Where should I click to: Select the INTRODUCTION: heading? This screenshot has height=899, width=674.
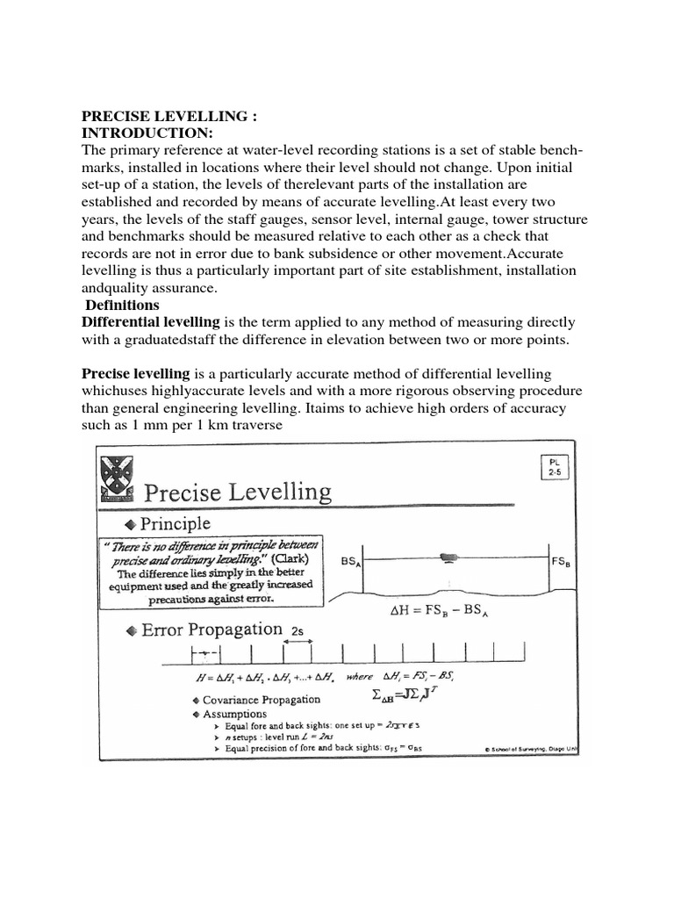pyautogui.click(x=147, y=133)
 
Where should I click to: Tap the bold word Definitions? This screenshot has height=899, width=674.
pyautogui.click(x=122, y=305)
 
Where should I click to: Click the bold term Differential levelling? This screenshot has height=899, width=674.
pyautogui.click(x=151, y=322)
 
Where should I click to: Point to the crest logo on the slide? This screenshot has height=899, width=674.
pyautogui.click(x=116, y=479)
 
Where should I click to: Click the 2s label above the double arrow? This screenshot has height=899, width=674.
pyautogui.click(x=298, y=629)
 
